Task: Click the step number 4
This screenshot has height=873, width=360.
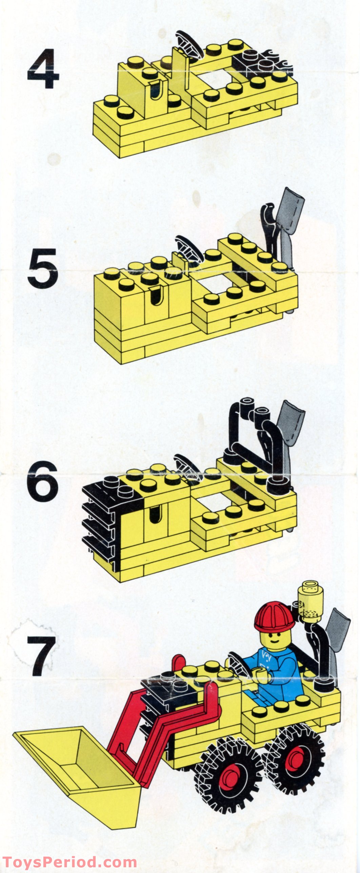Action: (43, 69)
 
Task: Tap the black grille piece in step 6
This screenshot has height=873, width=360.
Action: (102, 515)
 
